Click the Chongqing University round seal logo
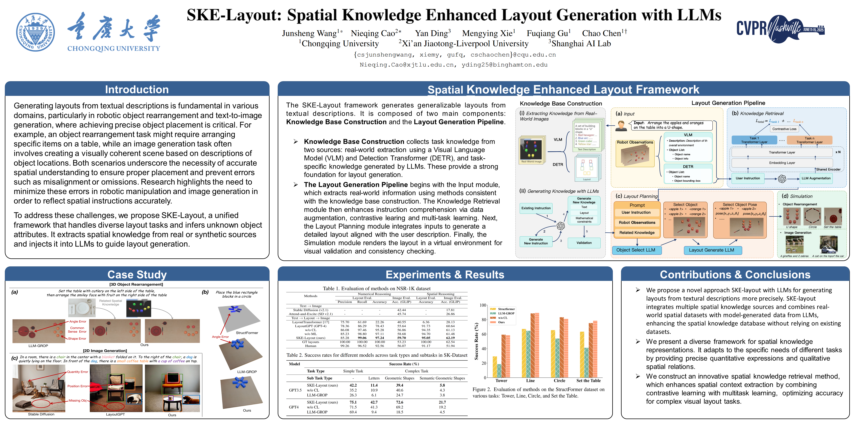point(35,32)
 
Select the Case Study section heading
point(137,275)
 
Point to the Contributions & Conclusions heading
point(735,275)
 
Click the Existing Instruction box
point(536,208)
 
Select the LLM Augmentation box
point(816,178)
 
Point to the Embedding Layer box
point(782,163)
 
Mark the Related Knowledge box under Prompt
point(637,233)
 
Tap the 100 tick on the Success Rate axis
point(482,305)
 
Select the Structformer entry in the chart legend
point(506,309)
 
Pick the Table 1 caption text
point(377,288)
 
